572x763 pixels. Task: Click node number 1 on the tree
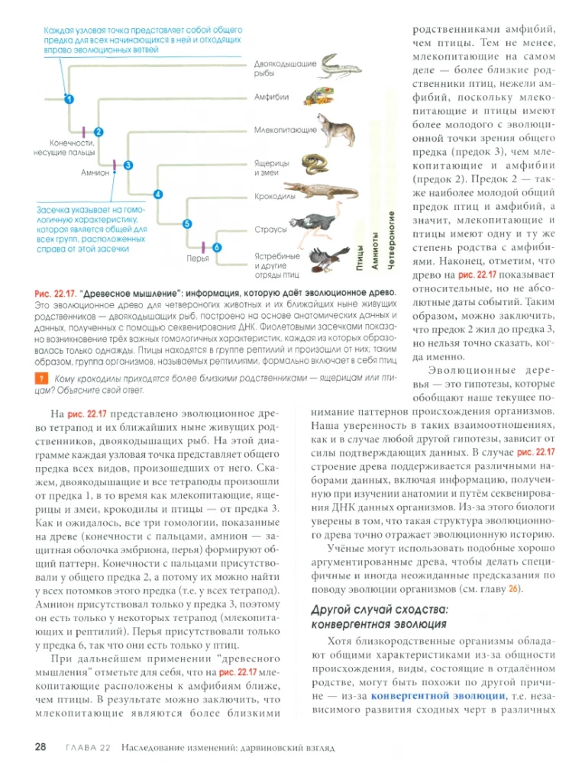pyautogui.click(x=69, y=99)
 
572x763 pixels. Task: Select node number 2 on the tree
pyautogui.click(x=99, y=132)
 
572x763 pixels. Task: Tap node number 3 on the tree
pyautogui.click(x=128, y=164)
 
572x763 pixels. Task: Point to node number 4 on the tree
pyautogui.click(x=158, y=194)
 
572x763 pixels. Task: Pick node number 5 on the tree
pyautogui.click(x=187, y=223)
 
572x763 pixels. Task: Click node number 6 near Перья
pyautogui.click(x=216, y=247)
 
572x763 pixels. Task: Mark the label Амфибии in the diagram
pyautogui.click(x=271, y=98)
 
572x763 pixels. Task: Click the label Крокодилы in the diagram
pyautogui.click(x=275, y=195)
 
